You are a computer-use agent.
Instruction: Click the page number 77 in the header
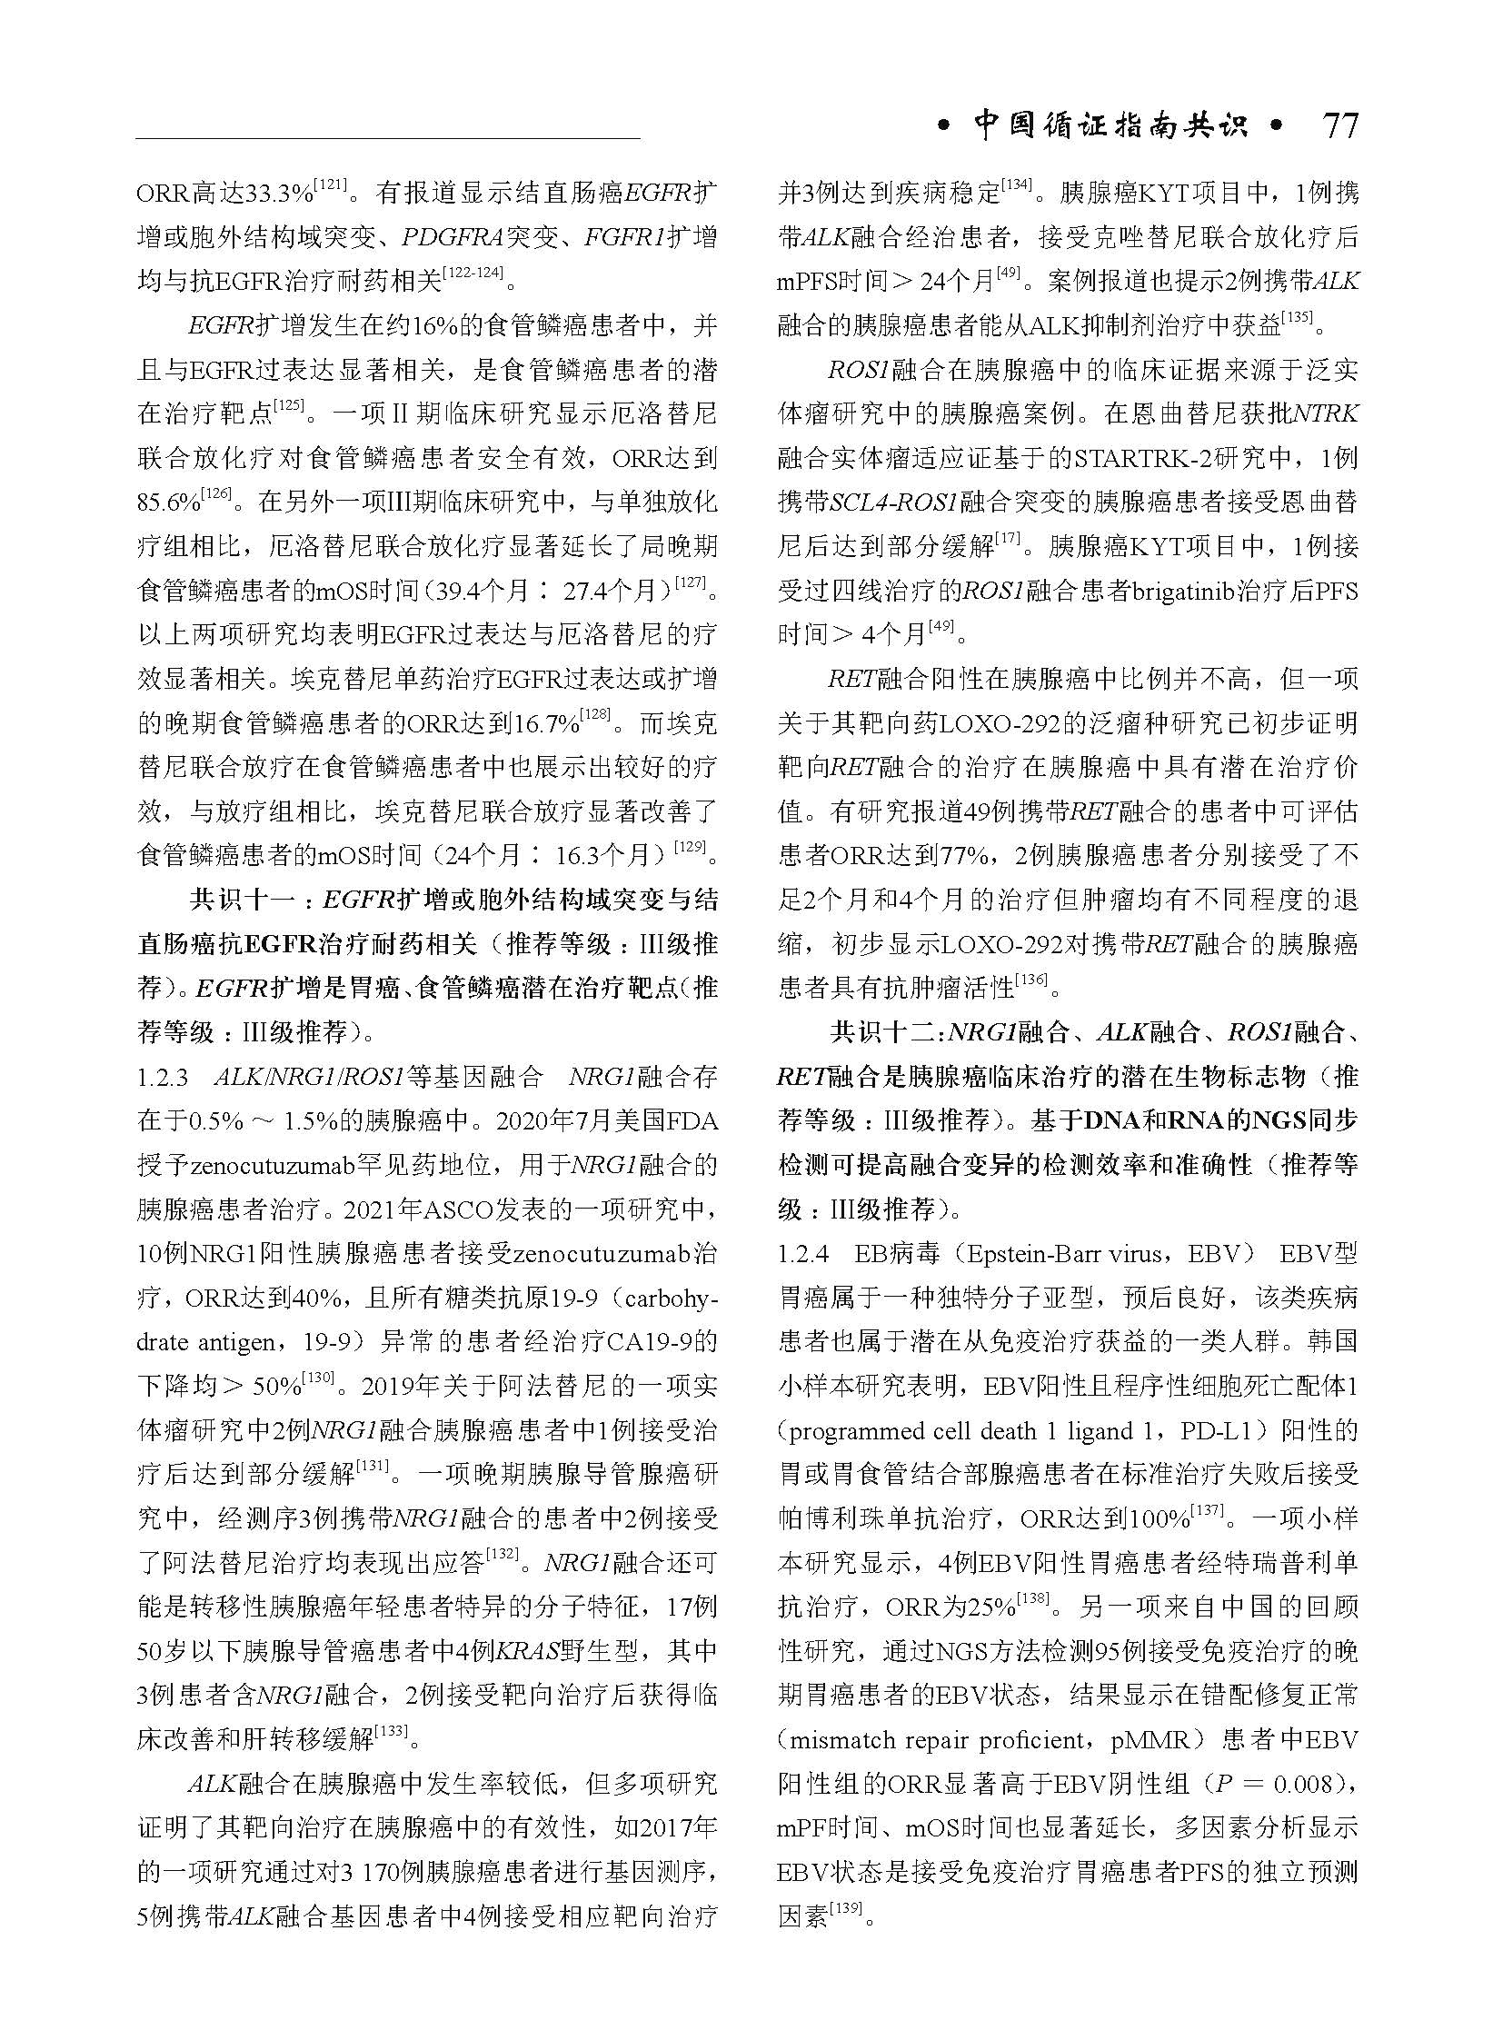(1340, 124)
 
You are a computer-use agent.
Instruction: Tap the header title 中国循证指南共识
(1110, 125)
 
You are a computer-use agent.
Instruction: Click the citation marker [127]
(689, 583)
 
